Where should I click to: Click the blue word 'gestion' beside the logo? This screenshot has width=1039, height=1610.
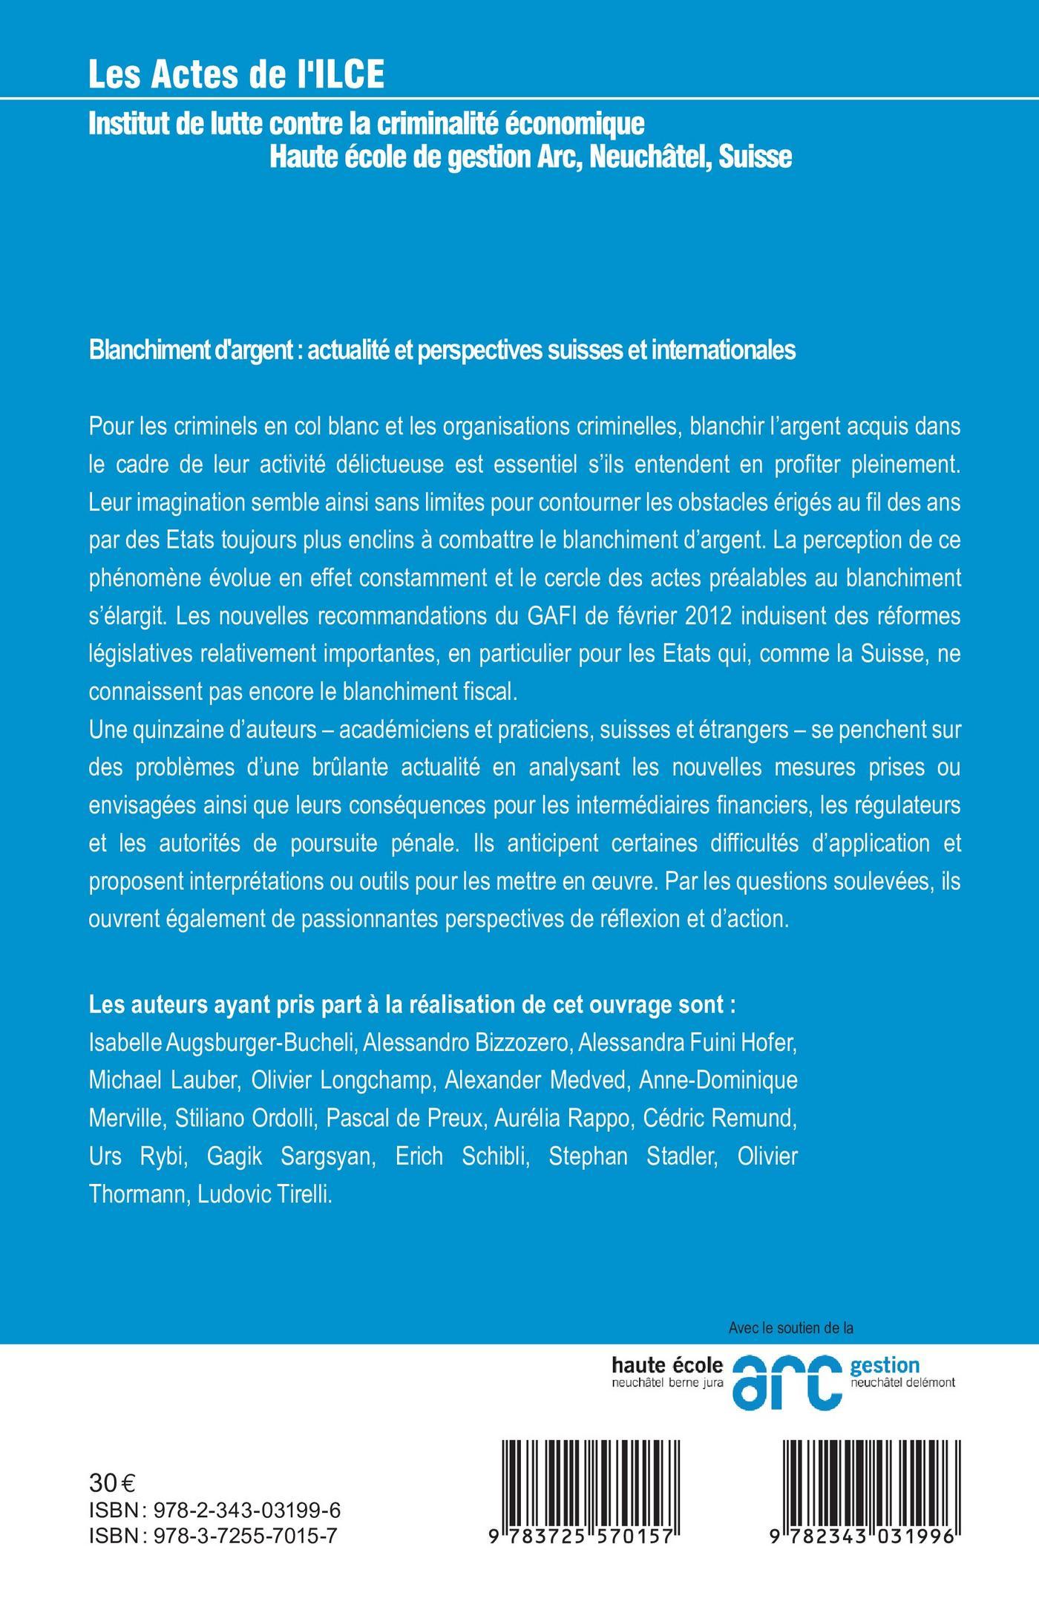(x=885, y=1365)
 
